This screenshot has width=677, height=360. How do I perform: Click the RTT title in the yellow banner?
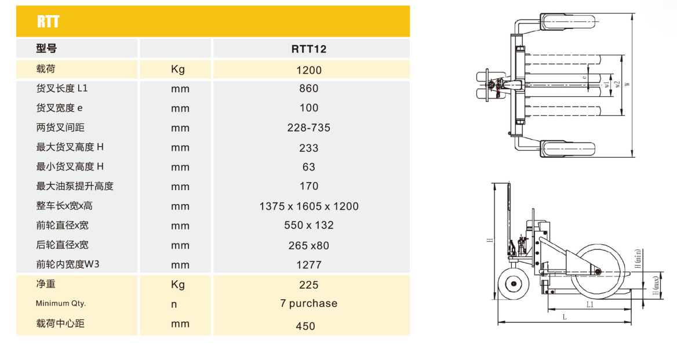[x=48, y=21]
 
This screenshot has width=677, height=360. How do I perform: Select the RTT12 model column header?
[x=309, y=49]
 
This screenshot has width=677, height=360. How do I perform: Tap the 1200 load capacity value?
[x=309, y=70]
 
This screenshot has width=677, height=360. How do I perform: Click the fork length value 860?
[x=309, y=89]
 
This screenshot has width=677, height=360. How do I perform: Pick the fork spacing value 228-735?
[x=309, y=128]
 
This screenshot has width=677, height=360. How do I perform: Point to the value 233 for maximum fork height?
[x=309, y=148]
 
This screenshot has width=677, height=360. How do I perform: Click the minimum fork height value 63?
[x=309, y=167]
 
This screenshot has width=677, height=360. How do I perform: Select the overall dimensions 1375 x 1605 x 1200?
[x=309, y=206]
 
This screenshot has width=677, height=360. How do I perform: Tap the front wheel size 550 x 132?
[x=309, y=226]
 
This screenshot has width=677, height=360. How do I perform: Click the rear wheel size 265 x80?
[x=309, y=246]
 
